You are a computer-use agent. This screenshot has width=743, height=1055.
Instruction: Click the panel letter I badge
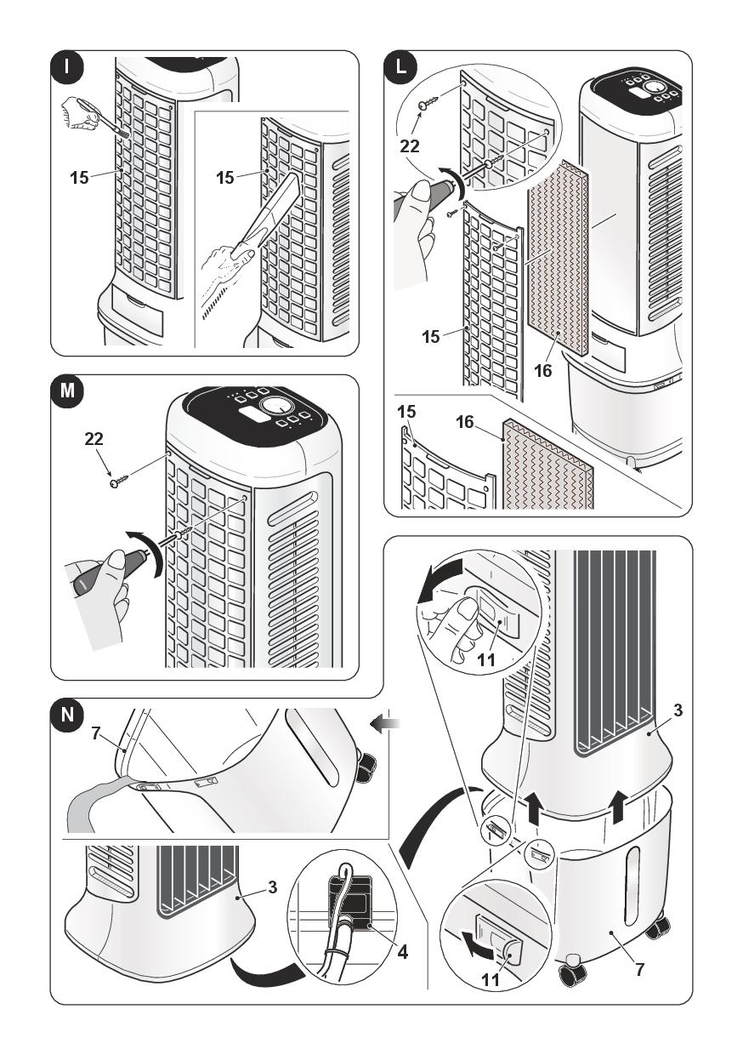click(67, 66)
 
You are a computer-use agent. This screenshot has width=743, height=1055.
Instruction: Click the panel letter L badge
click(401, 66)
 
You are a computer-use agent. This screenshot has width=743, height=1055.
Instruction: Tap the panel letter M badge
click(67, 391)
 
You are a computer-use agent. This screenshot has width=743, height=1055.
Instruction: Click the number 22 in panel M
click(94, 439)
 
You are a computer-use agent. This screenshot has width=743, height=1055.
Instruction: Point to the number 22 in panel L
click(410, 146)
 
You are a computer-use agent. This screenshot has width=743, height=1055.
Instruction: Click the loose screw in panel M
click(119, 482)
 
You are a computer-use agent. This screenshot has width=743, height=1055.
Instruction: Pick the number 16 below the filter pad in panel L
click(543, 371)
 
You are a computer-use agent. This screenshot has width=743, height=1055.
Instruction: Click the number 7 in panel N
click(96, 733)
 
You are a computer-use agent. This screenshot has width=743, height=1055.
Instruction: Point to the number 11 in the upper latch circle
click(486, 659)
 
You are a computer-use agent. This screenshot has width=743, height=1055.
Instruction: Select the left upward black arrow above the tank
click(533, 807)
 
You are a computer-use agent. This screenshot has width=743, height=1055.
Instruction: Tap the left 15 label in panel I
click(80, 178)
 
